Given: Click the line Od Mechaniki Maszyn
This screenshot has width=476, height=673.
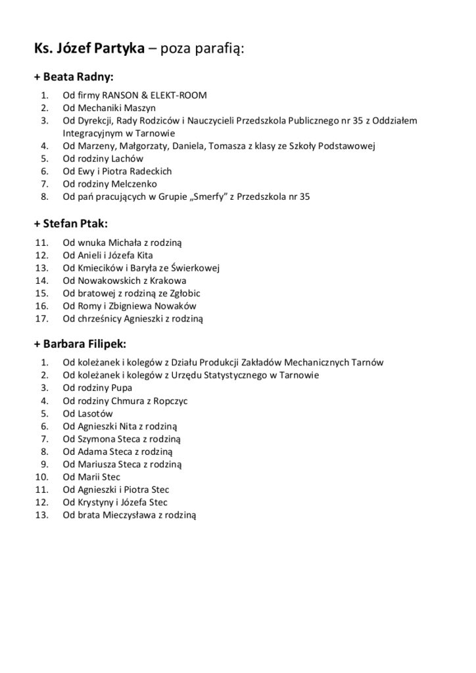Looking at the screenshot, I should [109, 108].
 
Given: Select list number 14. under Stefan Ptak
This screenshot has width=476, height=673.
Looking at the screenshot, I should [41, 281].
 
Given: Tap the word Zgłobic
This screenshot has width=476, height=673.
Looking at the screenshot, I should [181, 293].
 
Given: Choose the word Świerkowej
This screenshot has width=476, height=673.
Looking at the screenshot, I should [195, 268].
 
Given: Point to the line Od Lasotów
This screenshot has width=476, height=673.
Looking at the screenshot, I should [88, 413].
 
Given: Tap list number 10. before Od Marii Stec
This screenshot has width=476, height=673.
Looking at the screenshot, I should [41, 476].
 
